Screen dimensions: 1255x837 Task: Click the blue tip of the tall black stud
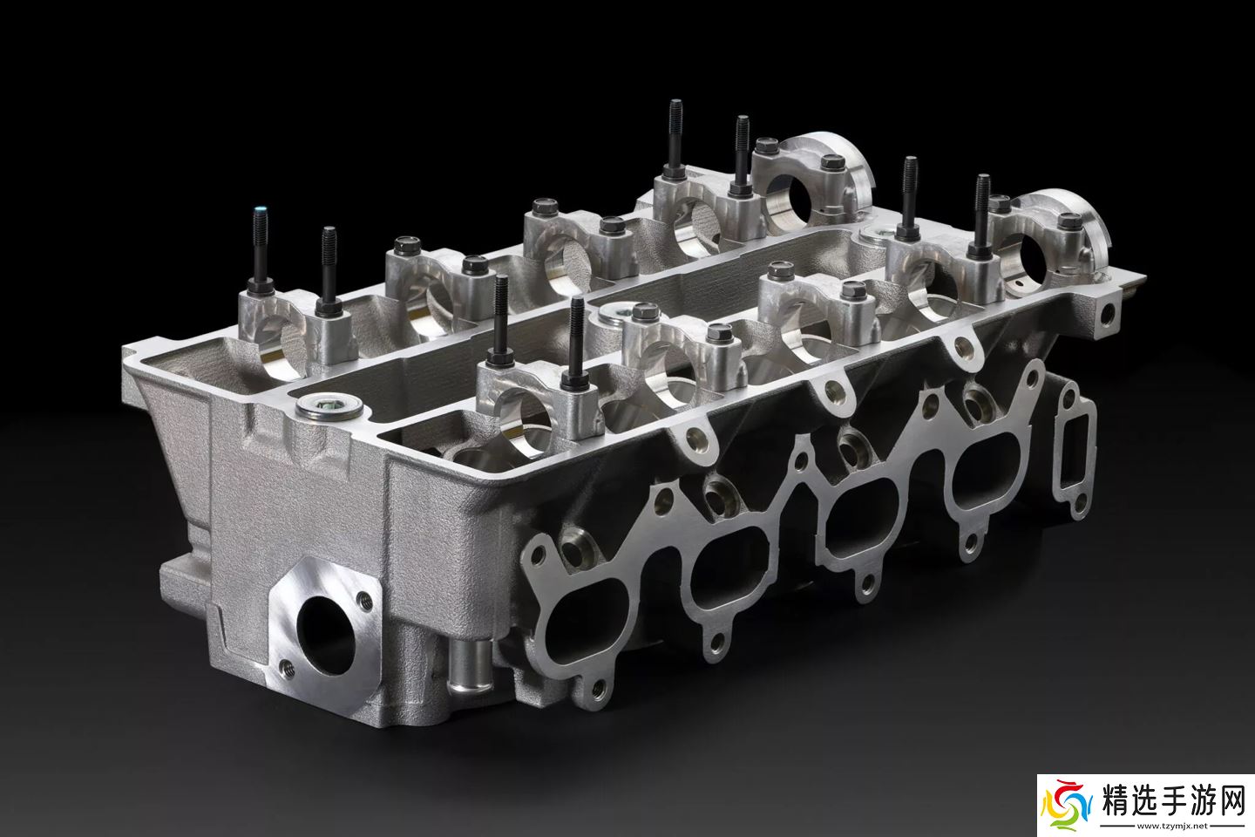pyautogui.click(x=259, y=213)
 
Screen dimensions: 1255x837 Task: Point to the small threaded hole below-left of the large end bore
pyautogui.click(x=287, y=668)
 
